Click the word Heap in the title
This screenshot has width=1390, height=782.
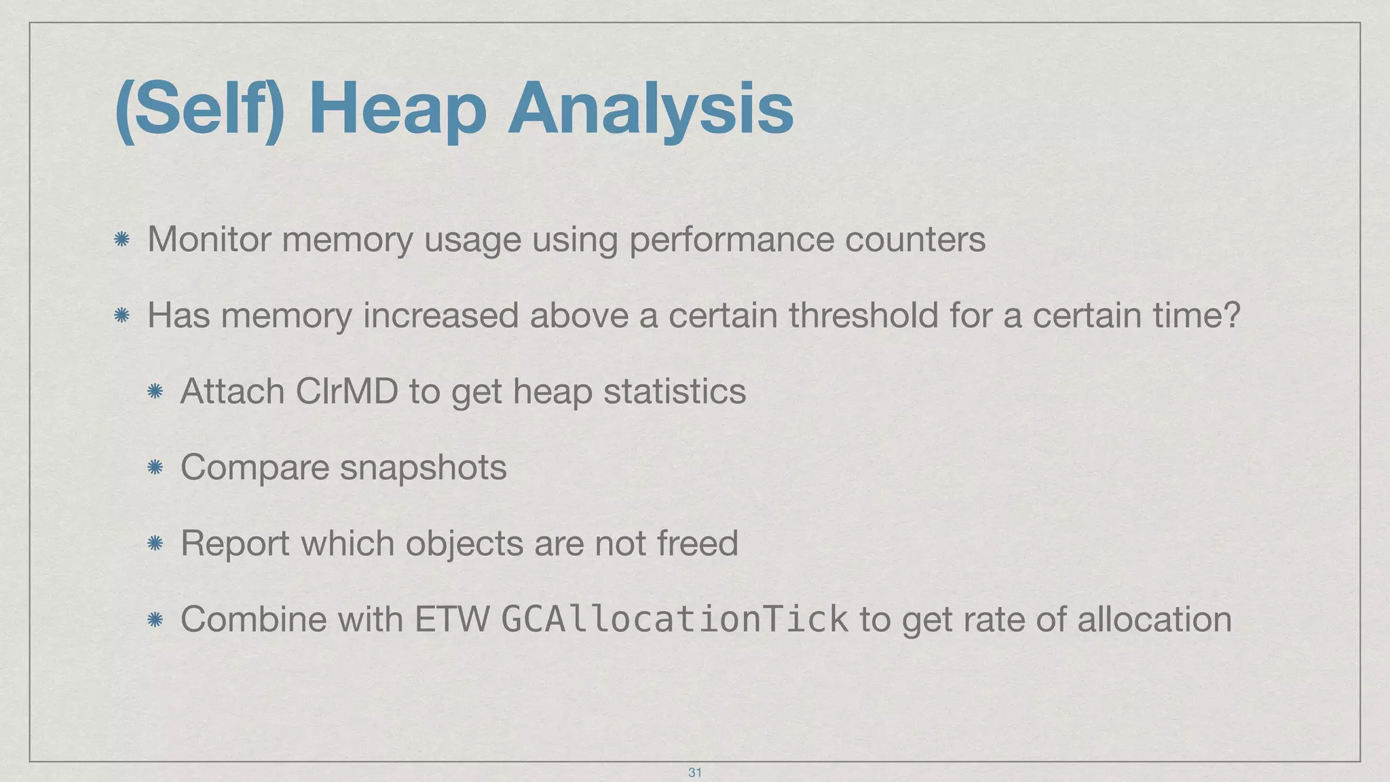pos(397,109)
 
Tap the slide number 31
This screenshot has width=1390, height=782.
pos(694,772)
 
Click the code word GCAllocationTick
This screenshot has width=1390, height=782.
pos(674,619)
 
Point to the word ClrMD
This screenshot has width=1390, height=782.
pos(347,392)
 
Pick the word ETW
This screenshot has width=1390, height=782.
pos(452,619)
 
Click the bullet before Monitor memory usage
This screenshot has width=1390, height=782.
pos(122,239)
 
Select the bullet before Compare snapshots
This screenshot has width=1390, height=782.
pos(155,467)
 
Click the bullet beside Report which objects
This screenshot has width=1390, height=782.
pos(155,543)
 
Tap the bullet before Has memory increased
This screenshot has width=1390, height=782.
pos(122,315)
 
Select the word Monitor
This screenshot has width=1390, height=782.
pos(209,240)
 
